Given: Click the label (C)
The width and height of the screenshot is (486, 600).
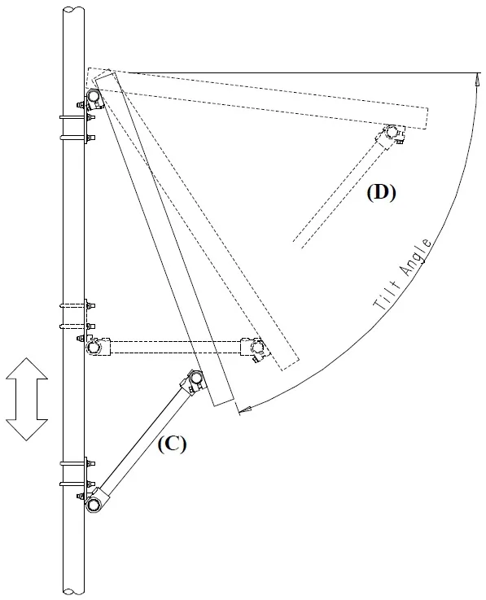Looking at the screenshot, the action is click(x=172, y=445).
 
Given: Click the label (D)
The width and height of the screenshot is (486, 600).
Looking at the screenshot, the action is click(x=381, y=192).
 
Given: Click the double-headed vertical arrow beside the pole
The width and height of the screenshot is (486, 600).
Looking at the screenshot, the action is click(x=27, y=399).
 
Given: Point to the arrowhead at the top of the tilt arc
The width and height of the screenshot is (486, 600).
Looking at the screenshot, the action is click(x=477, y=79).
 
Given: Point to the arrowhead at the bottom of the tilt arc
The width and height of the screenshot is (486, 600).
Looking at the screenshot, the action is click(x=244, y=409).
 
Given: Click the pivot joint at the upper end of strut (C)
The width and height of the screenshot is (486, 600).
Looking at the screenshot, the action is click(x=195, y=378).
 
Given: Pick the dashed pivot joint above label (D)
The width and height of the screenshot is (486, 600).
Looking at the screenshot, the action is click(x=391, y=132).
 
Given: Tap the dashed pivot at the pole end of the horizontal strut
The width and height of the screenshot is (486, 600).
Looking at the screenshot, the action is click(x=93, y=347).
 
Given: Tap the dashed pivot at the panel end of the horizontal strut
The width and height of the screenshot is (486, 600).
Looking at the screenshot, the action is click(x=256, y=348).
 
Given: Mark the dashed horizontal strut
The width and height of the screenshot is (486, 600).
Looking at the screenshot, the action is click(x=175, y=347).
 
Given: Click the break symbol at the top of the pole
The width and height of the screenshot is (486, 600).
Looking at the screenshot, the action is click(x=73, y=10).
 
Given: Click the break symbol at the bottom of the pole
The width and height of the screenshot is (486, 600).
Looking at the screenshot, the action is click(x=73, y=590).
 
